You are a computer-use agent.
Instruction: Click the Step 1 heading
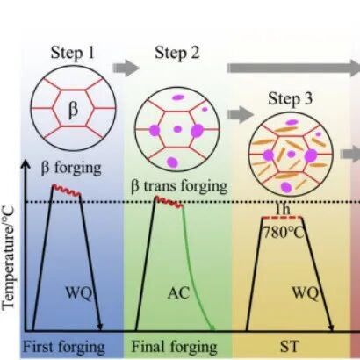tap(73, 53)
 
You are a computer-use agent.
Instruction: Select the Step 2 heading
tap(177, 53)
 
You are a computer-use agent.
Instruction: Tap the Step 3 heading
tap(290, 98)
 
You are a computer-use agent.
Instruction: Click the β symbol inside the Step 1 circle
tap(73, 111)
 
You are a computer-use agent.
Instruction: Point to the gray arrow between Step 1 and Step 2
tap(126, 68)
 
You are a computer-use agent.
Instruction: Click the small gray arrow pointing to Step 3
tap(240, 114)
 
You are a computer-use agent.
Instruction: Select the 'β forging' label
tap(71, 169)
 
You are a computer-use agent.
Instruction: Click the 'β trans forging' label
tap(179, 185)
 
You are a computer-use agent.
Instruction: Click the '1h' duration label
tap(283, 209)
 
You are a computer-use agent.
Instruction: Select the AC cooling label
tap(178, 292)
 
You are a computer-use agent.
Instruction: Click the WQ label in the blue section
tap(78, 292)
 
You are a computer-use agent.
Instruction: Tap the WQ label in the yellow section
tap(306, 292)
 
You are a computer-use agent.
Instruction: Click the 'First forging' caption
tap(64, 347)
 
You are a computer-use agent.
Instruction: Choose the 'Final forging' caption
tap(174, 347)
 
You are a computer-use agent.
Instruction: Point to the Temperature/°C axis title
tap(8, 257)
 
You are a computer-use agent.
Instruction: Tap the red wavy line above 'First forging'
tap(67, 191)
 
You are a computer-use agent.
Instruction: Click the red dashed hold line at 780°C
tap(282, 218)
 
